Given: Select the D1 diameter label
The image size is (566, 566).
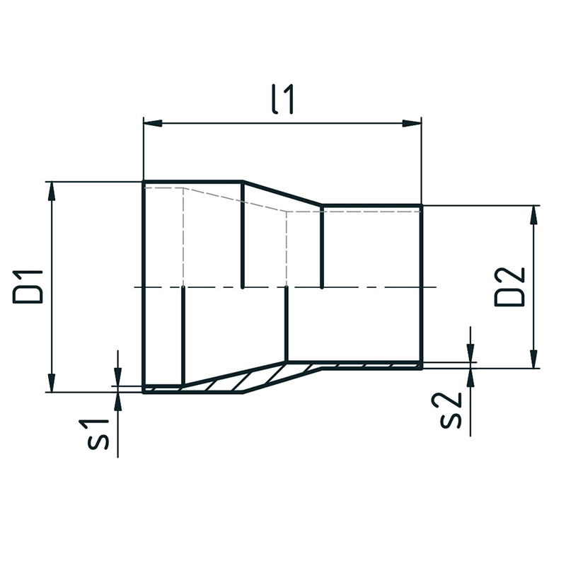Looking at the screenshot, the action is click(28, 287).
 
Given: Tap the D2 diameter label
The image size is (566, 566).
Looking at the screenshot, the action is click(509, 287).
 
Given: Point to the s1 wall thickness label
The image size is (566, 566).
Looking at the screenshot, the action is click(98, 434).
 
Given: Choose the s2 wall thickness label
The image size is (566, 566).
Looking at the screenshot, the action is click(451, 410).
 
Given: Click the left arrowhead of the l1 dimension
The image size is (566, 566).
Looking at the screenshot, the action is click(153, 123).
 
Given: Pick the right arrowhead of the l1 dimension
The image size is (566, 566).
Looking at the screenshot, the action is click(412, 123).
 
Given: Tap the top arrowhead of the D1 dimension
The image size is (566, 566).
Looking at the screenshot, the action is click(52, 190).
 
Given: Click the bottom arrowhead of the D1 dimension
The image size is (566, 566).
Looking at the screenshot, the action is click(52, 383).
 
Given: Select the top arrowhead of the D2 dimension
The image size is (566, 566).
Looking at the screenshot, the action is click(534, 215).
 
